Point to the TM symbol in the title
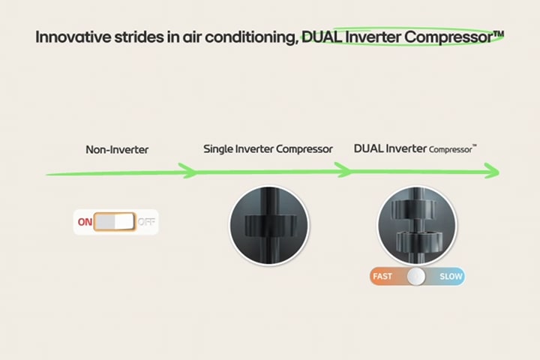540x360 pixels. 498,32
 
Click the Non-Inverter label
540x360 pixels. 117,149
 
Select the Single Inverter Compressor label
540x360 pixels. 268,148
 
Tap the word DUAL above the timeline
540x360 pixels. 368,148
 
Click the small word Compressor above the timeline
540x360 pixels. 451,150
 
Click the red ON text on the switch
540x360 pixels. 85,222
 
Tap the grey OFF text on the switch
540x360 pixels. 146,223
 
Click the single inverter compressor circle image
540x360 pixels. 268,225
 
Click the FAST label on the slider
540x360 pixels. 382,277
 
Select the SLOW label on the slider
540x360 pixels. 451,277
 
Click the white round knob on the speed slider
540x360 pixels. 416,277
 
